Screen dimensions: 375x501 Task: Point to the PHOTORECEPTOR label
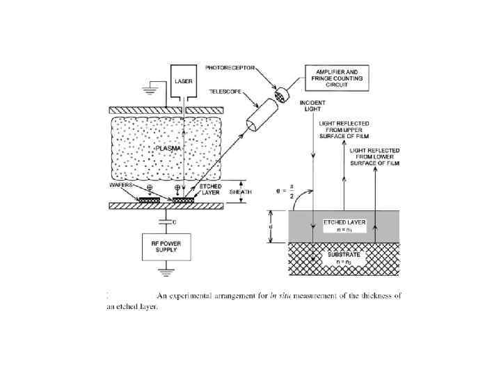click(229, 68)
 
